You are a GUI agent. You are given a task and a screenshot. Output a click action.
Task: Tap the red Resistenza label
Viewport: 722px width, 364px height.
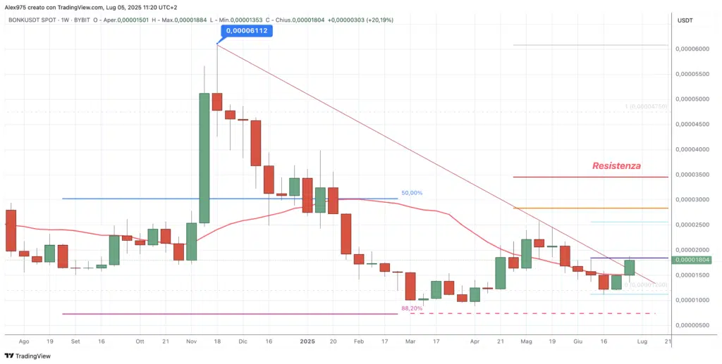[616, 165]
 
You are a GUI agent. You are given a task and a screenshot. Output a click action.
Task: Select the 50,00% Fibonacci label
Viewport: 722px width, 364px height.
[412, 192]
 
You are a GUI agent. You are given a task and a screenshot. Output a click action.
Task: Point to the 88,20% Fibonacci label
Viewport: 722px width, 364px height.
[412, 308]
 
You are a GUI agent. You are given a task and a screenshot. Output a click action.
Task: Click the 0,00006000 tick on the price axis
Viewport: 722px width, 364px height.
[692, 49]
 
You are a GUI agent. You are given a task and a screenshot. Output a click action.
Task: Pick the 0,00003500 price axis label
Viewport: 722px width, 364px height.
[692, 175]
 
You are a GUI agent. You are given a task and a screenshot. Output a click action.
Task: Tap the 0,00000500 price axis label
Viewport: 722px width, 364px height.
[692, 325]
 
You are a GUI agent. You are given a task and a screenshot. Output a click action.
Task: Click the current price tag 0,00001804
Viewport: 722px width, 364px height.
[692, 261]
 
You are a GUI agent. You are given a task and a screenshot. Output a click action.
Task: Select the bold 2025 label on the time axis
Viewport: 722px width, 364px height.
[307, 341]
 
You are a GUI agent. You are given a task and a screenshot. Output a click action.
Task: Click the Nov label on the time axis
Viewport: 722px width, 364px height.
[192, 341]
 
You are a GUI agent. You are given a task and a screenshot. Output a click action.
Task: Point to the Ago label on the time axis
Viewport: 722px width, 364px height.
[25, 341]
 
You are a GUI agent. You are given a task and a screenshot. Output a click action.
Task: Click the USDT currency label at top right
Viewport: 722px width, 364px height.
[685, 20]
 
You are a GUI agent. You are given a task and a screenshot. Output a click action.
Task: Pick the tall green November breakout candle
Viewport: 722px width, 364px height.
[204, 158]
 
